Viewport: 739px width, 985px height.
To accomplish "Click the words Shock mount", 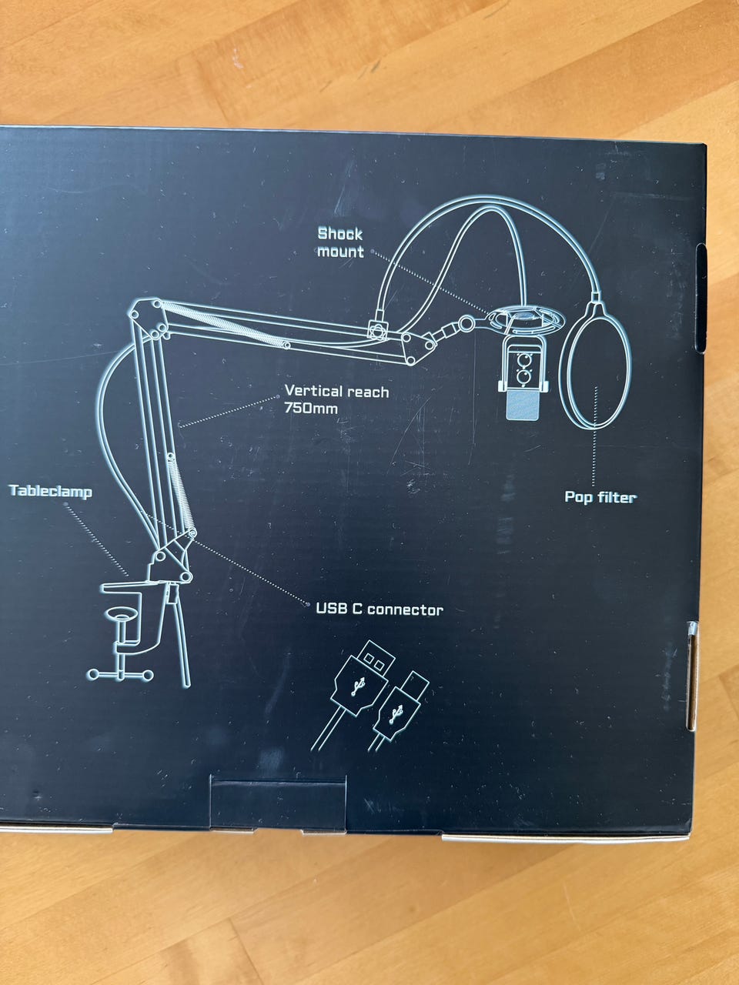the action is point(340,242).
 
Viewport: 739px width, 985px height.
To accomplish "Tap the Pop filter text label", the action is point(600,497).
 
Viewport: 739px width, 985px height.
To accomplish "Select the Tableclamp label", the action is point(50,491).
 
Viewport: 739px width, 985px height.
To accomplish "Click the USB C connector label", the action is point(380,609).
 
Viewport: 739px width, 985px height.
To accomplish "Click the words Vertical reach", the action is point(336,392).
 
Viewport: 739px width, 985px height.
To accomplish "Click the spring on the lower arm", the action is point(182,493).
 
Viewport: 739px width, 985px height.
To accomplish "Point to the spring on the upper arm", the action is point(224,323).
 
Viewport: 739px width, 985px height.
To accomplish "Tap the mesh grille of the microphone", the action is point(523,405).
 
